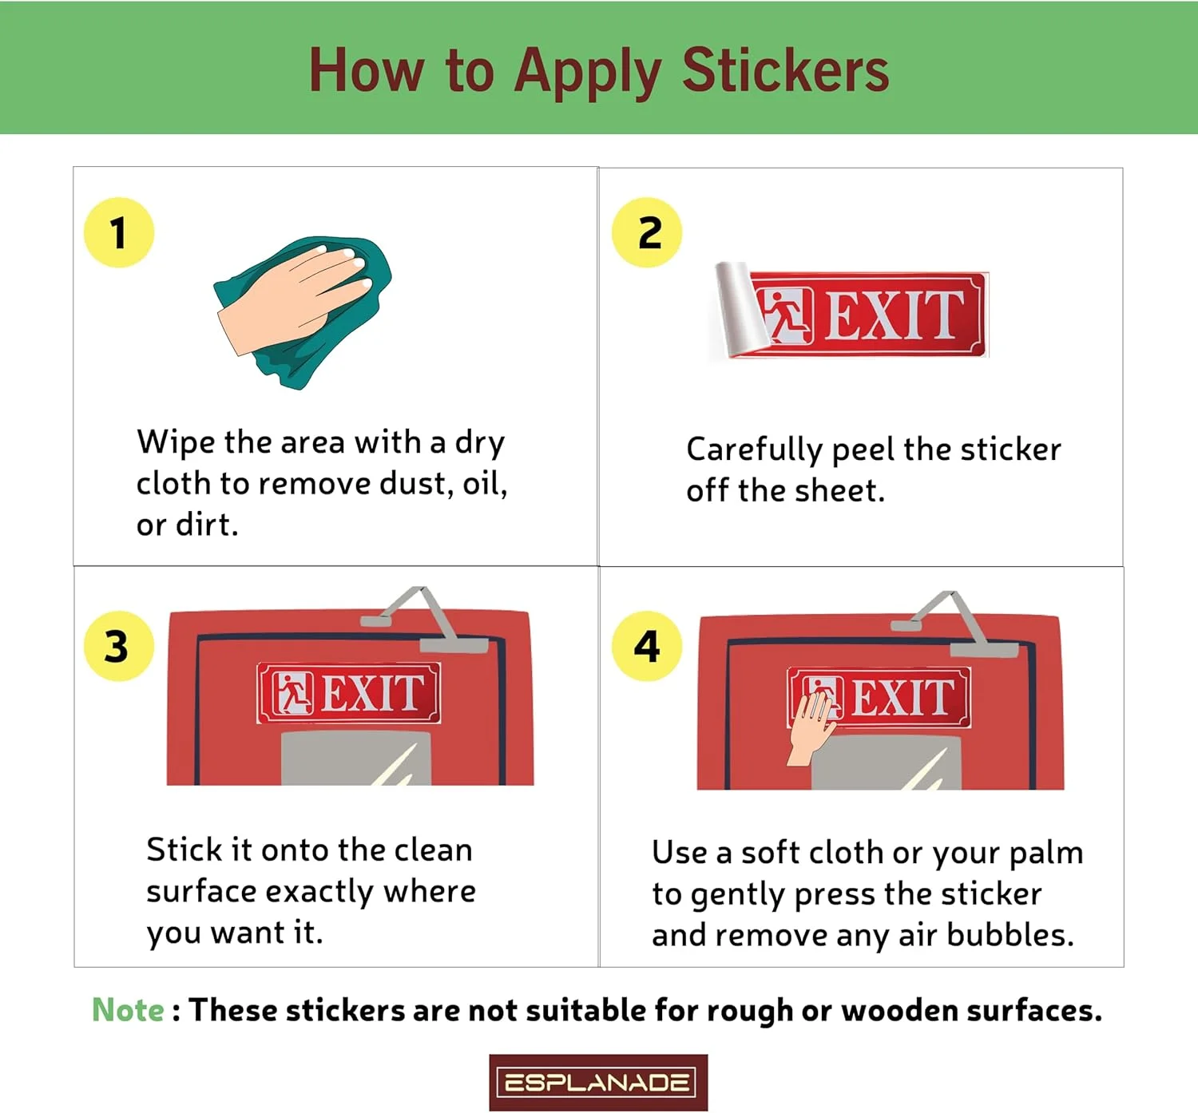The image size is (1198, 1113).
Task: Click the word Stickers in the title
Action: click(785, 70)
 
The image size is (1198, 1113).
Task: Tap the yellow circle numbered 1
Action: click(119, 232)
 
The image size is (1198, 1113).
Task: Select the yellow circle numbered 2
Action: click(647, 232)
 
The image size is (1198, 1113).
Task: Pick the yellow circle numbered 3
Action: click(119, 646)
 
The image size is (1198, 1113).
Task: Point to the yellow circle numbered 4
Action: click(647, 646)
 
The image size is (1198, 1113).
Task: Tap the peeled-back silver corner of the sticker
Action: click(740, 309)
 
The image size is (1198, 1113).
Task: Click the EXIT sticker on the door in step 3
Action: click(349, 692)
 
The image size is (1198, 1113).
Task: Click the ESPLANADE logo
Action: click(597, 1082)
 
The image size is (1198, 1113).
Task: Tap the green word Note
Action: click(127, 1010)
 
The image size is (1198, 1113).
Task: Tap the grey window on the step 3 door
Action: click(356, 759)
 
